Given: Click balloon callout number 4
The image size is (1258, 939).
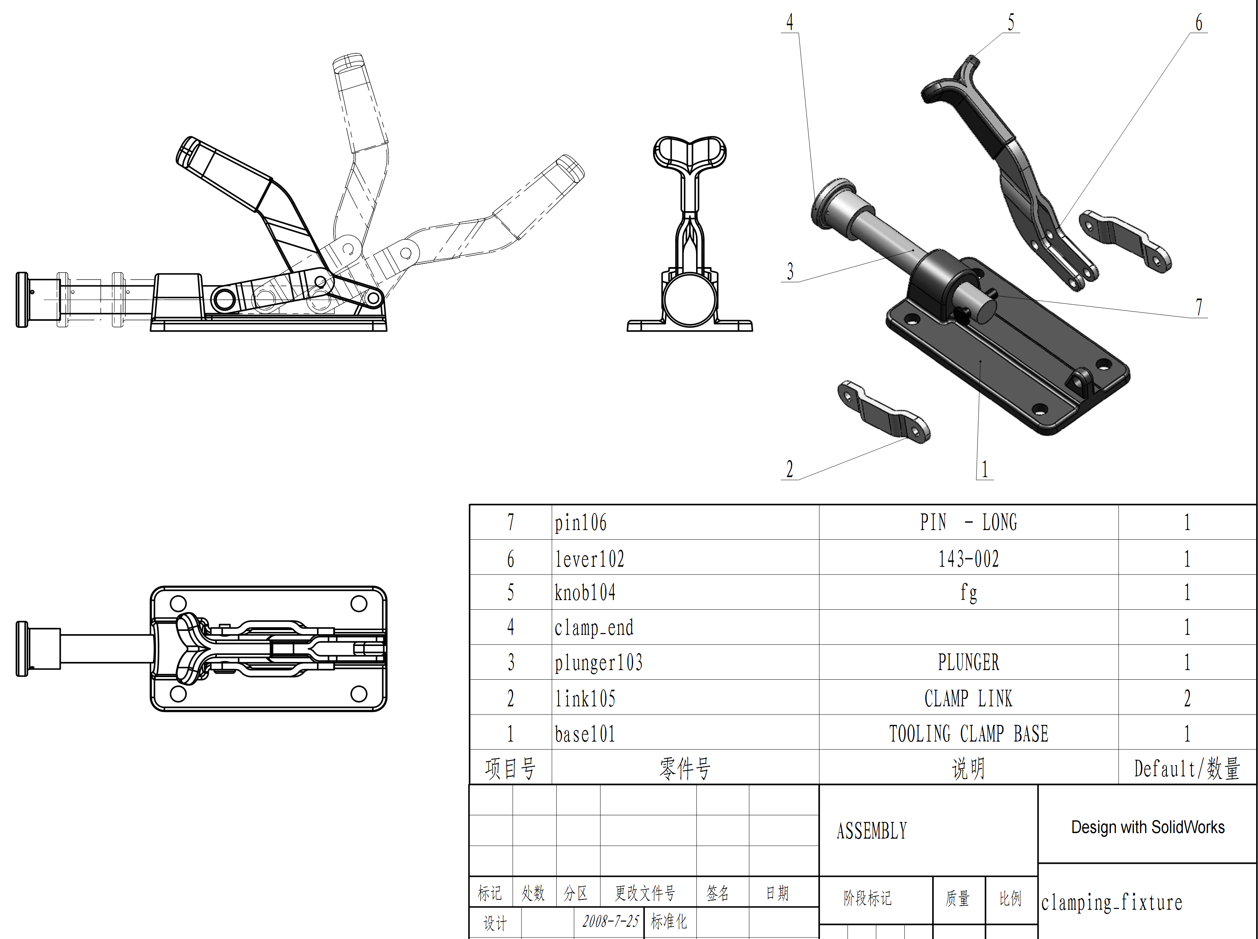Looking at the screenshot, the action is click(x=789, y=23).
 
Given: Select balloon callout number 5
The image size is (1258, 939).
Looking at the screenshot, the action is click(x=1011, y=23).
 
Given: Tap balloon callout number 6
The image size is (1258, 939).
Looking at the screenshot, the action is click(x=1198, y=23).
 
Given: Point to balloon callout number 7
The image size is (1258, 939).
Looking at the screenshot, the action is click(x=1198, y=307).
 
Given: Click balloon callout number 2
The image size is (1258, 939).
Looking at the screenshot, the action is click(x=789, y=470).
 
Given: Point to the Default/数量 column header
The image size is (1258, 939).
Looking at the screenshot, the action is click(x=1186, y=769).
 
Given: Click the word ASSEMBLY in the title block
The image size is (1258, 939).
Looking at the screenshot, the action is click(x=871, y=831).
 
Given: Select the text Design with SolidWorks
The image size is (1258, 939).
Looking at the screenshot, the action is click(x=1148, y=827).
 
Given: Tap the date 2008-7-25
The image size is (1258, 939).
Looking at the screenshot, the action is click(x=610, y=921).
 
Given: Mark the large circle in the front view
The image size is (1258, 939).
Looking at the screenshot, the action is click(x=689, y=300).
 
